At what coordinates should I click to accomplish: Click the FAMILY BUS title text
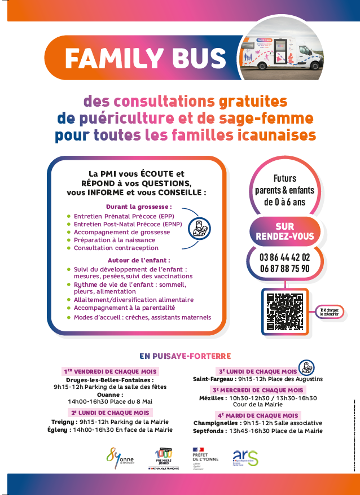(x=145, y=58)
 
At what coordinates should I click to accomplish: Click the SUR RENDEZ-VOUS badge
(x=285, y=231)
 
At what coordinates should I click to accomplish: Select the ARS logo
(x=245, y=457)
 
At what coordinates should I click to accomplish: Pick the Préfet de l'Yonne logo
(x=204, y=456)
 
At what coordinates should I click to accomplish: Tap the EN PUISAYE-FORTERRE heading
(x=186, y=356)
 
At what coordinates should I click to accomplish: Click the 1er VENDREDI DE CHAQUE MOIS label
(x=111, y=371)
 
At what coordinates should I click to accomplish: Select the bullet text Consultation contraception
(x=116, y=248)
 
